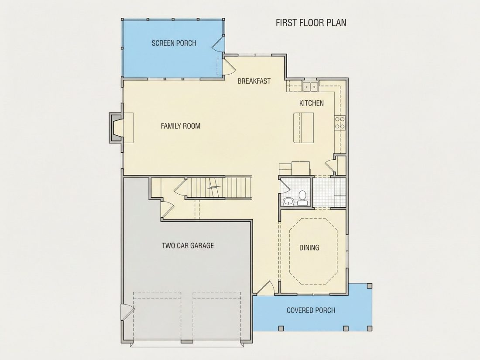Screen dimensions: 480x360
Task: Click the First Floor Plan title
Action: tap(311, 23)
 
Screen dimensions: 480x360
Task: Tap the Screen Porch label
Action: tap(174, 43)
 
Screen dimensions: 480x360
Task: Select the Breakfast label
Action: tap(254, 81)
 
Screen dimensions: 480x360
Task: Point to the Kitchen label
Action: tap(311, 103)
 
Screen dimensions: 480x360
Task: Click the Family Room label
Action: tap(181, 126)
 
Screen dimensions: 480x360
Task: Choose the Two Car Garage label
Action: tap(188, 246)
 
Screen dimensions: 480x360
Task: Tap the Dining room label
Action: tap(309, 248)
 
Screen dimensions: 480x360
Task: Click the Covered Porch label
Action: tap(311, 310)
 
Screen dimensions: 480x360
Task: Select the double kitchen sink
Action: tap(310, 87)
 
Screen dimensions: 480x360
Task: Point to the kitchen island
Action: tap(303, 128)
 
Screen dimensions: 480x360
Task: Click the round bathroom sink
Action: tap(288, 202)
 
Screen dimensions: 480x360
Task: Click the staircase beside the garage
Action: tap(218, 188)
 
